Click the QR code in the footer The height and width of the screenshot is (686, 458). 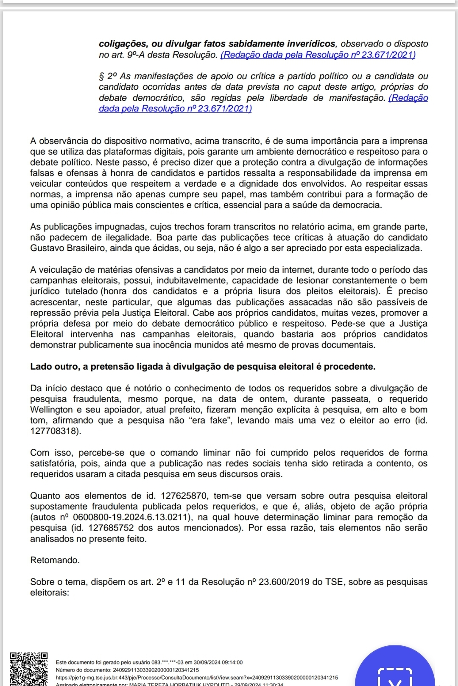[x=28, y=669]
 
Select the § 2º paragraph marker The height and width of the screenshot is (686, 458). [x=108, y=76]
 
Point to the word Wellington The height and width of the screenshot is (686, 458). [x=51, y=409]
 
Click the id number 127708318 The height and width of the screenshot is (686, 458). [x=54, y=431]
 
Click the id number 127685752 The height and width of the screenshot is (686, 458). [x=111, y=528]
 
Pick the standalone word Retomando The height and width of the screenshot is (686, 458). [x=55, y=560]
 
